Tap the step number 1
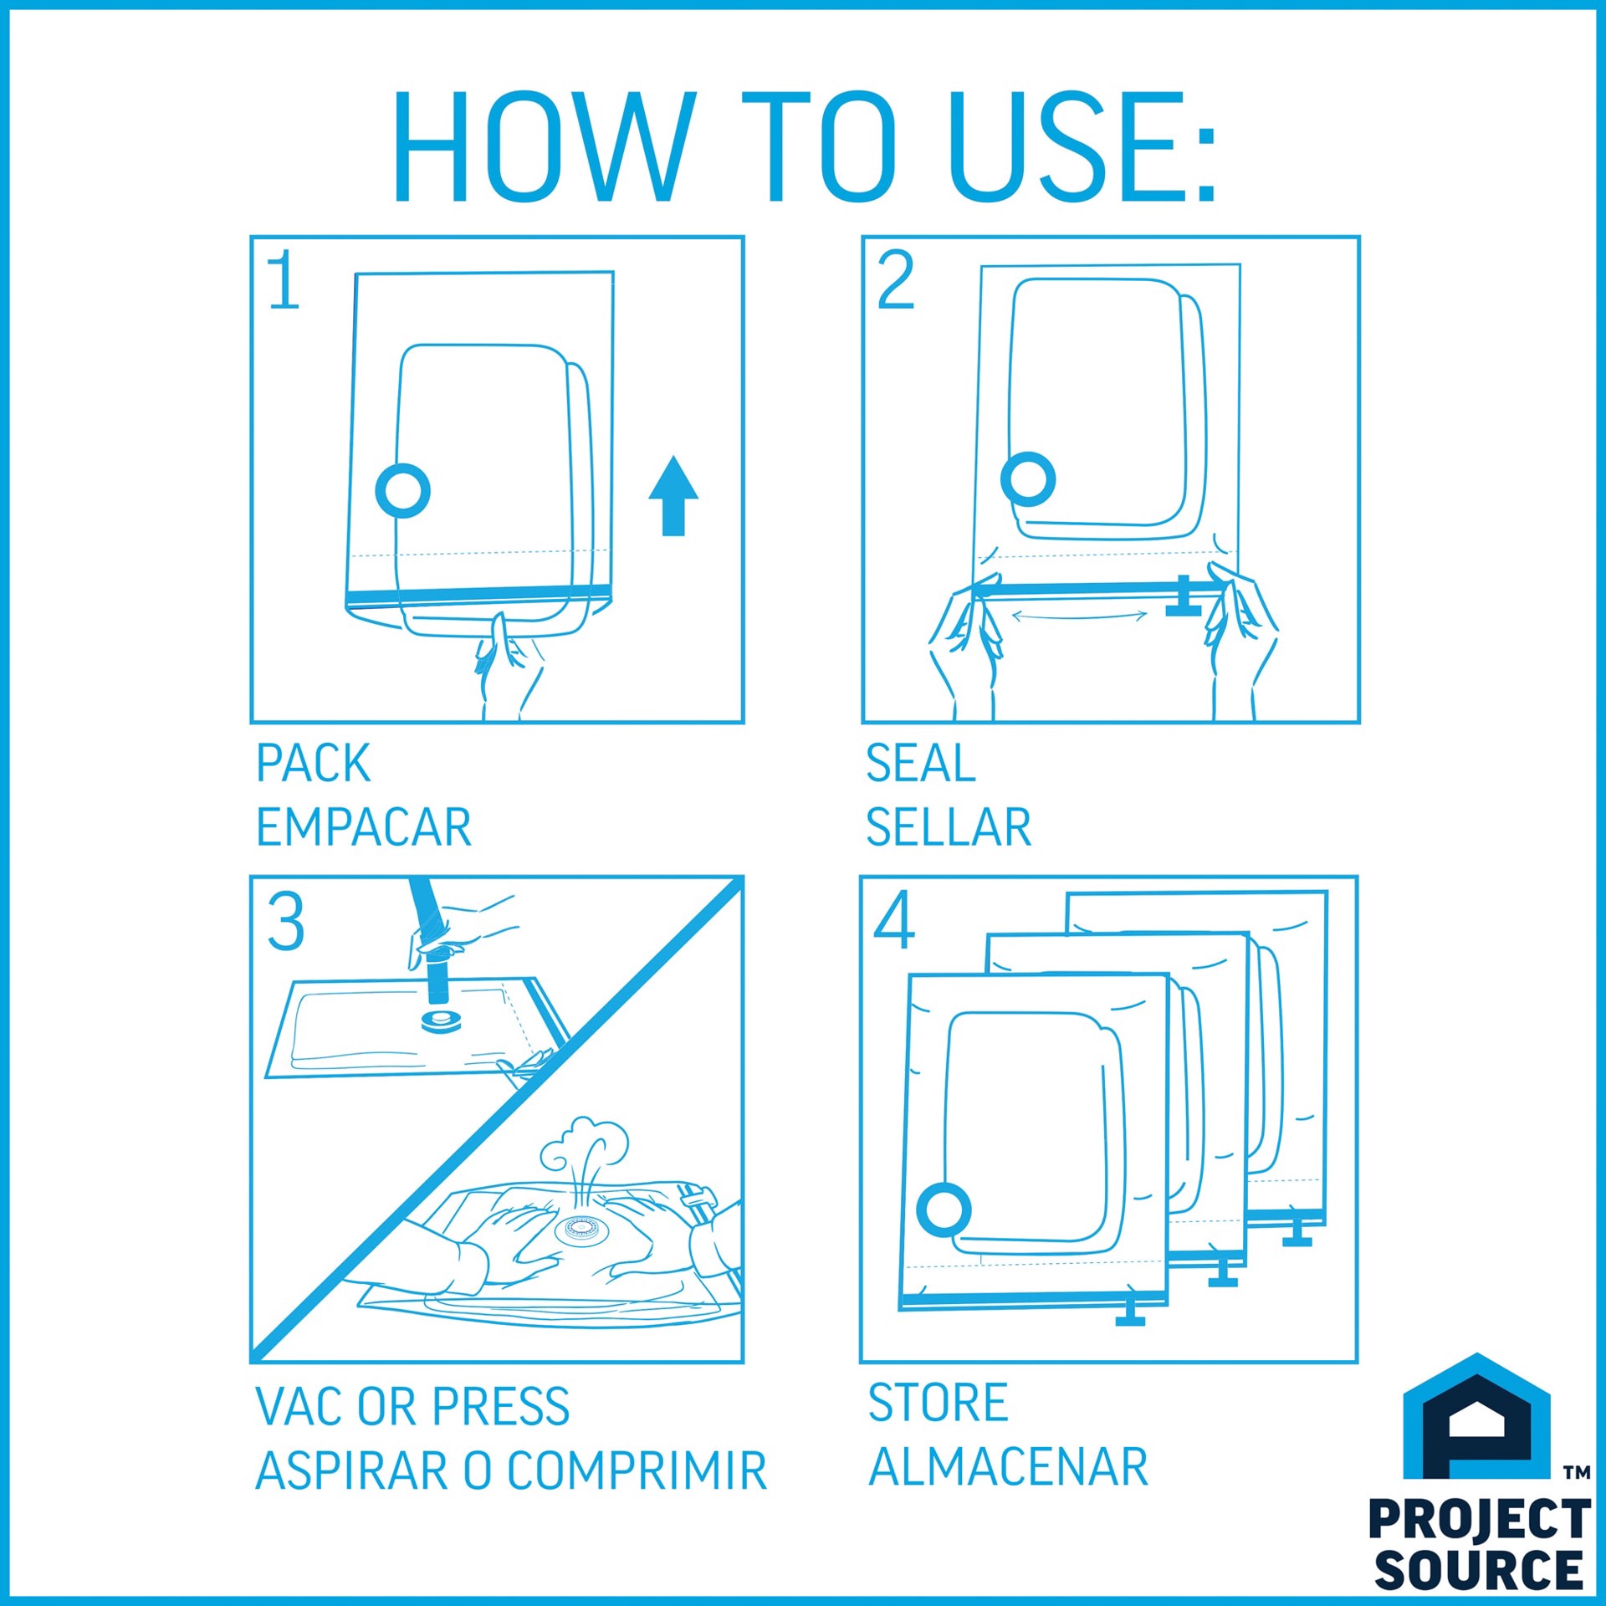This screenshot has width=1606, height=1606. [284, 281]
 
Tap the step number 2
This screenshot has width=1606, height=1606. [895, 281]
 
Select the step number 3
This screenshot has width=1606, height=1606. [285, 922]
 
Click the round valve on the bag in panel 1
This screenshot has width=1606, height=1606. [402, 491]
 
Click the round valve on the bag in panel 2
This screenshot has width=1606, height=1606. [1028, 479]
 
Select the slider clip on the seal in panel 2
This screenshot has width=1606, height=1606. [1184, 596]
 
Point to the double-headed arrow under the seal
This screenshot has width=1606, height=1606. [1079, 616]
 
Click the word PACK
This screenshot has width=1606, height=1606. [313, 763]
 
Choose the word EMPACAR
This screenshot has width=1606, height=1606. [364, 827]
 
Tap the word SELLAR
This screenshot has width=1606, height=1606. [948, 827]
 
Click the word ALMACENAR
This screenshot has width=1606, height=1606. [1008, 1467]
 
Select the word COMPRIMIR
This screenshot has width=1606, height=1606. [637, 1471]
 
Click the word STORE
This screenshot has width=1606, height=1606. [938, 1403]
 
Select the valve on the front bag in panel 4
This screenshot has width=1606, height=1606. [944, 1210]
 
